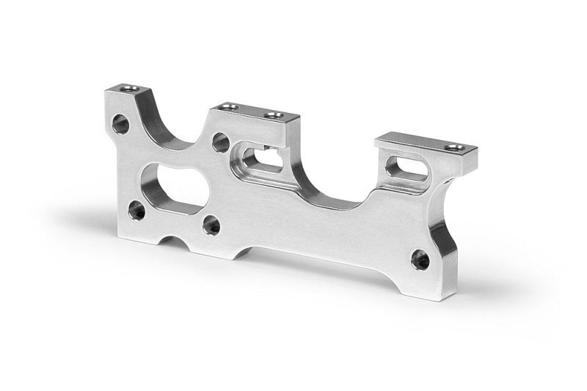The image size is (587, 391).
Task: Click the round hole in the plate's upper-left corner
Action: point(123,124)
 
